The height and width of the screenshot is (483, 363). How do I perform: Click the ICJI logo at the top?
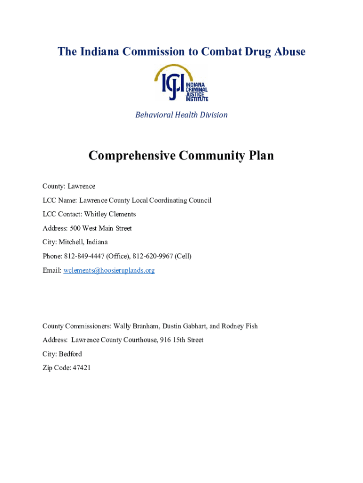click(181, 83)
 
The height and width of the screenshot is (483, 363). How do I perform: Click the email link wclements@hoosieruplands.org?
click(109, 270)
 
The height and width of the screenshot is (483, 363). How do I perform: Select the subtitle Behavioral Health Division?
click(181, 115)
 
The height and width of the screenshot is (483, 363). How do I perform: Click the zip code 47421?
click(81, 367)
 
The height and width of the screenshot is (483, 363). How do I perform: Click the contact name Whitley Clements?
click(110, 214)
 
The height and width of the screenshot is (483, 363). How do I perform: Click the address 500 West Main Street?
click(101, 228)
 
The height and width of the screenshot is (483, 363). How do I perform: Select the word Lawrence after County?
click(81, 186)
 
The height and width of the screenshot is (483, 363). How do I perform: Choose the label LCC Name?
click(60, 200)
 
